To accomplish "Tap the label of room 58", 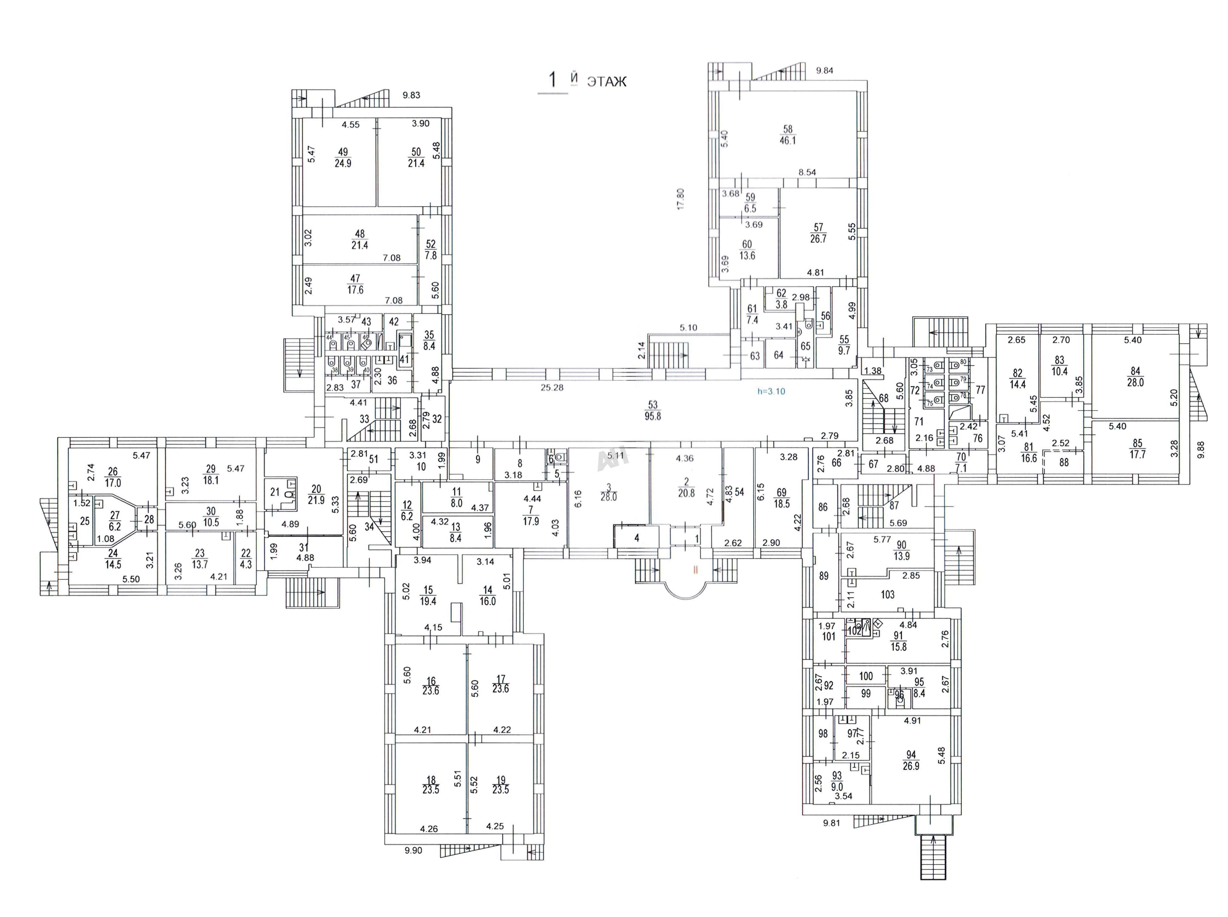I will [788, 129].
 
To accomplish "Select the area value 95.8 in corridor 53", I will [653, 416].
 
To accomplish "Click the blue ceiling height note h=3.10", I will [771, 391].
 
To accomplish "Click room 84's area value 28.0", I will [1135, 382].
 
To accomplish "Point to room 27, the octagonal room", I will [115, 516].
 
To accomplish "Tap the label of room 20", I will [316, 489].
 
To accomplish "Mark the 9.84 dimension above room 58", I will [825, 70].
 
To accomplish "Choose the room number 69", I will [781, 492].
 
